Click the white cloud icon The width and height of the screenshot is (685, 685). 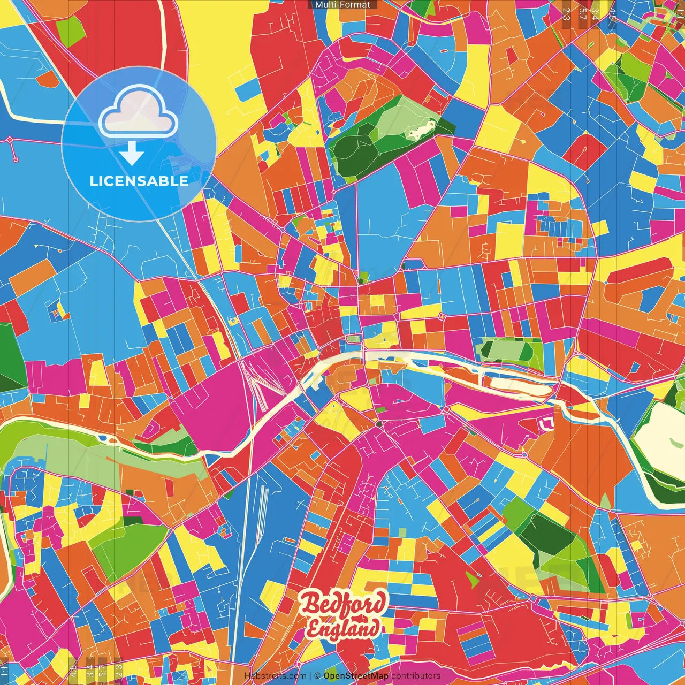138,112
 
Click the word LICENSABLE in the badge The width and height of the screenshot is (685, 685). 139,181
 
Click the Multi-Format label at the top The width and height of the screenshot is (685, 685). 342,5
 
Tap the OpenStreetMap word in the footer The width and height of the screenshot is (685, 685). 356,676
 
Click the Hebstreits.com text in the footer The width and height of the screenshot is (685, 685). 275,676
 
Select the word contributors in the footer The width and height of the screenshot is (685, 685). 416,676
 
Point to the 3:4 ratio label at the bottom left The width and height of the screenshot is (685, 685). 89,669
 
